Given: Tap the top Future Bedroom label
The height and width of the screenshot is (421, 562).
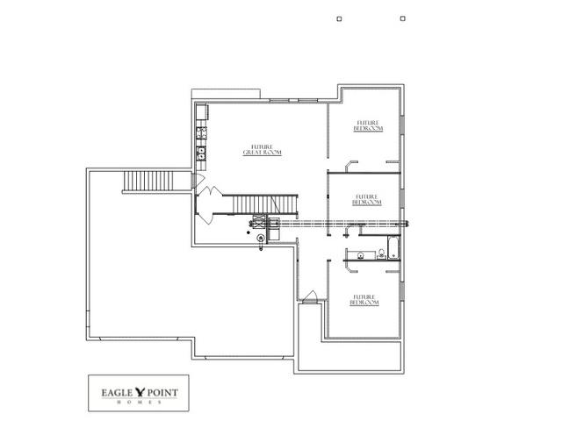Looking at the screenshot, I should pyautogui.click(x=368, y=125).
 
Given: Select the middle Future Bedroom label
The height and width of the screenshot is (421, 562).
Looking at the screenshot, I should pyautogui.click(x=366, y=199).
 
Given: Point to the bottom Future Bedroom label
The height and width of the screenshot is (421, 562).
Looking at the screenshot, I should pyautogui.click(x=365, y=300).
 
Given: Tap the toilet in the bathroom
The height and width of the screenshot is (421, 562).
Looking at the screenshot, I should pyautogui.click(x=382, y=255).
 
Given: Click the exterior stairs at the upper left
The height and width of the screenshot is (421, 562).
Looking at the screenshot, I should pyautogui.click(x=140, y=182).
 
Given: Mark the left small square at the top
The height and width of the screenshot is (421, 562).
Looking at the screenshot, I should pyautogui.click(x=340, y=18).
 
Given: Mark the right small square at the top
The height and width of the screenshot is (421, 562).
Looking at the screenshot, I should pyautogui.click(x=402, y=18).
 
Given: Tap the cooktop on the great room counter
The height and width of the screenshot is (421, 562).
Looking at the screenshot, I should pyautogui.click(x=201, y=133).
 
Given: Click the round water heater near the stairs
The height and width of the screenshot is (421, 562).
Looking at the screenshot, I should pyautogui.click(x=261, y=237).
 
